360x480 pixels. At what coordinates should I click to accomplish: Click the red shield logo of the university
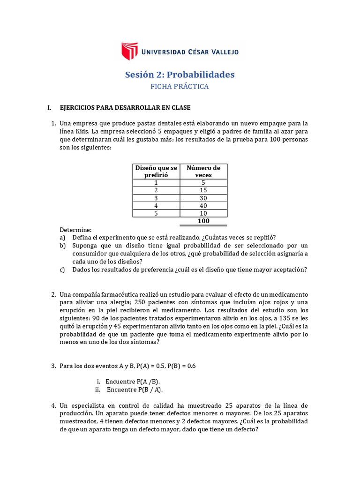[x=130, y=51]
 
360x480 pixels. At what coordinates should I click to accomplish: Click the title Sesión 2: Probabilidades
[x=180, y=75]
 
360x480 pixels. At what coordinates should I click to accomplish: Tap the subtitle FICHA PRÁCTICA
[x=180, y=86]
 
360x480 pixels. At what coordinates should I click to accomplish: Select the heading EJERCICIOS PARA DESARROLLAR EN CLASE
[x=125, y=107]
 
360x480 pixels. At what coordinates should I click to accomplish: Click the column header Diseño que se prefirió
[x=156, y=171]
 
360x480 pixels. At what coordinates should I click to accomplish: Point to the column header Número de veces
[x=203, y=171]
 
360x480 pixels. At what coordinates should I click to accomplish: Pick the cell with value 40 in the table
[x=203, y=205]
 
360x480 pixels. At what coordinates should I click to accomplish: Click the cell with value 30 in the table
[x=203, y=198]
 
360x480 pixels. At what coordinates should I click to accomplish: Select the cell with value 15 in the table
[x=203, y=190]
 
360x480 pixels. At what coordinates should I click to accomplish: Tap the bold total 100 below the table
[x=203, y=221]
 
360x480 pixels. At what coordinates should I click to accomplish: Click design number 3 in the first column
[x=156, y=198]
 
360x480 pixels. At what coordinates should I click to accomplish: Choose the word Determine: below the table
[x=75, y=230]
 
